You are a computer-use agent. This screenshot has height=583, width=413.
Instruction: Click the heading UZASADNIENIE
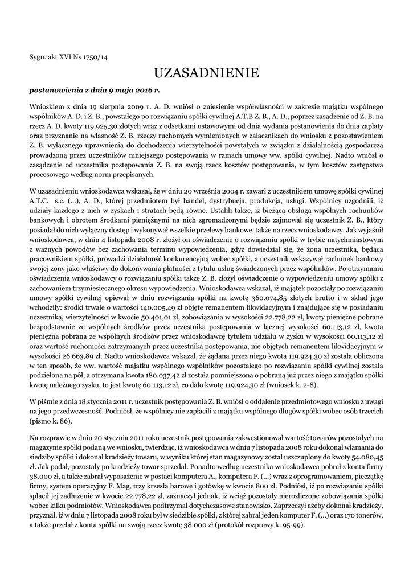click(206, 73)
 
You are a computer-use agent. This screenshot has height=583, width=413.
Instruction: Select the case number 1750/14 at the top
click(95, 56)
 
